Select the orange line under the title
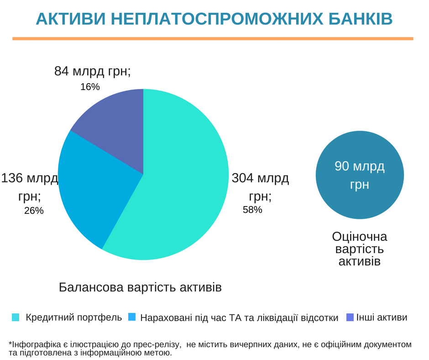[213, 39]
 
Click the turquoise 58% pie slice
[183, 192]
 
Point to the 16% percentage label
[90, 87]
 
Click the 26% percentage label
[34, 211]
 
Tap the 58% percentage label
[252, 210]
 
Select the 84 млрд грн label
[92, 71]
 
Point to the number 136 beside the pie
[12, 178]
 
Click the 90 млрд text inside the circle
[360, 166]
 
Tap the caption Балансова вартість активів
[140, 287]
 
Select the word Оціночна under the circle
[360, 237]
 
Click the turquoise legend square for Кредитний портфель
[16, 318]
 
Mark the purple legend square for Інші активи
[350, 317]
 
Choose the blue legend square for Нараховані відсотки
[132, 318]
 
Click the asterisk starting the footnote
[10, 344]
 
